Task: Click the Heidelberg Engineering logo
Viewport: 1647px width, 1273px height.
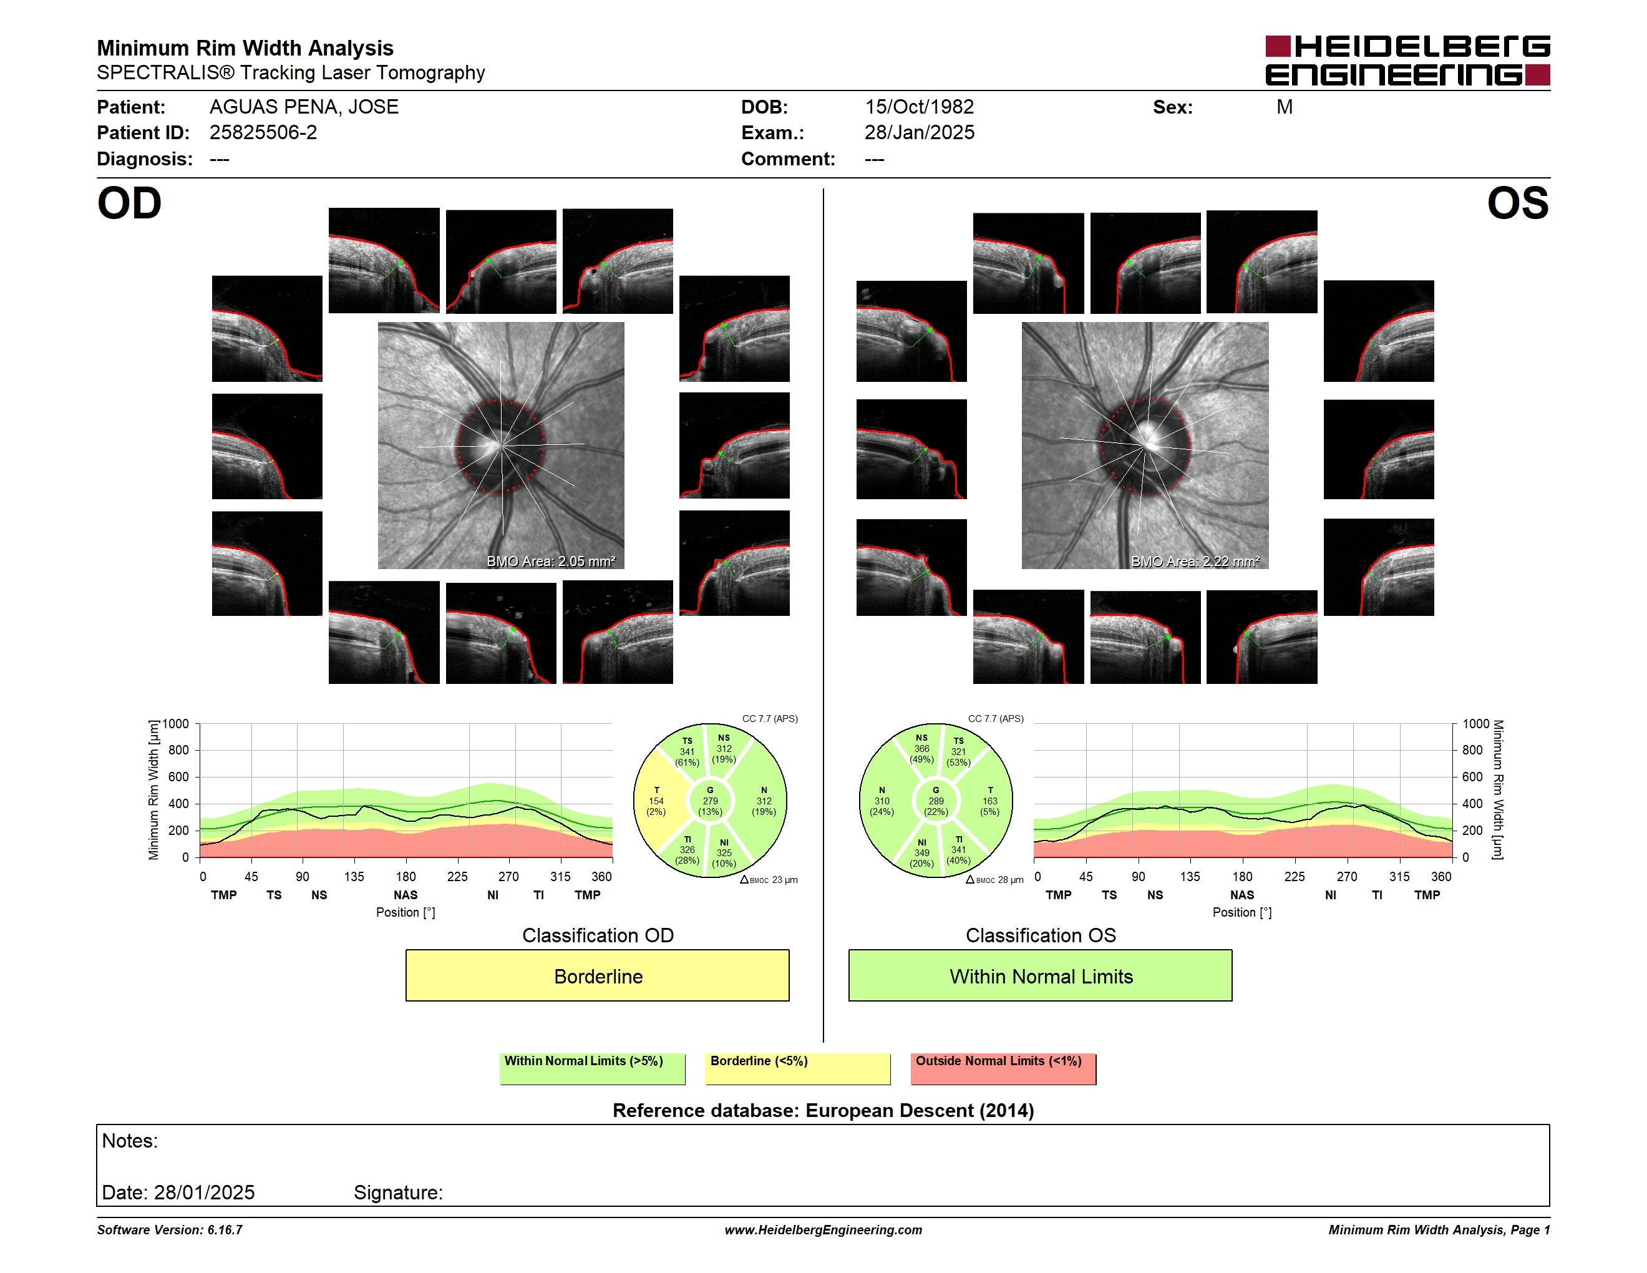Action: (x=1407, y=61)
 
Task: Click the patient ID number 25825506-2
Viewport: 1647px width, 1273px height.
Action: (x=263, y=133)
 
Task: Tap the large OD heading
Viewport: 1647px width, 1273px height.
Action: (x=129, y=203)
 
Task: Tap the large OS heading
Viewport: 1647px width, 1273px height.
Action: (x=1517, y=203)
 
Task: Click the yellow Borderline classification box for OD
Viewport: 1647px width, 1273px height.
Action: (x=597, y=975)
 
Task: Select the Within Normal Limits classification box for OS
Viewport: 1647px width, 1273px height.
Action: (x=1040, y=975)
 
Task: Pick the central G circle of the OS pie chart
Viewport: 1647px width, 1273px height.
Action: (x=935, y=801)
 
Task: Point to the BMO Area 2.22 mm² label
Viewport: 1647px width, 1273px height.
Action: (x=1195, y=561)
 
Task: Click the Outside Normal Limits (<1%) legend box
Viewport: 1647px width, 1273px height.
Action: (x=1003, y=1068)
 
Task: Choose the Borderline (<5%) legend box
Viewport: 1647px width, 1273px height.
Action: (x=797, y=1068)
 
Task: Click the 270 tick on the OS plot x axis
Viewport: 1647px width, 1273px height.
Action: (x=1346, y=876)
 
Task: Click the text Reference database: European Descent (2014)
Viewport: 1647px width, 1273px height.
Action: (x=823, y=1110)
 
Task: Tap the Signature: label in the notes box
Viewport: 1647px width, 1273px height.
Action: (x=398, y=1193)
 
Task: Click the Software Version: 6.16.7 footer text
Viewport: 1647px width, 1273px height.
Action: (x=170, y=1230)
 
